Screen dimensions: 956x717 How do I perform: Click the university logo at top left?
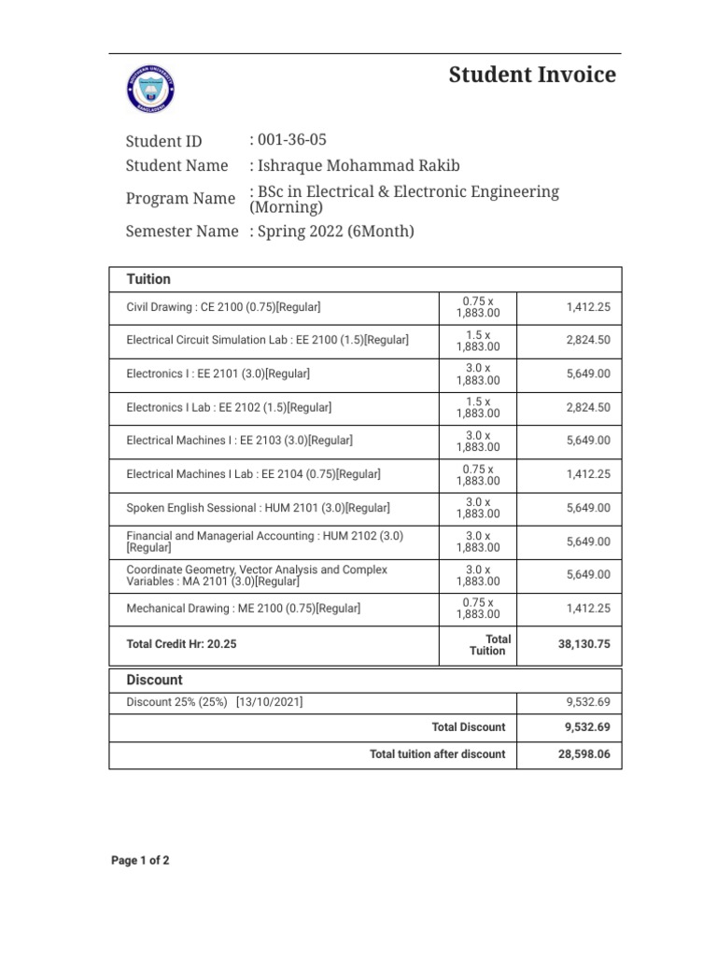point(149,90)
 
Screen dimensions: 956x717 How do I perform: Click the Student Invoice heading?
point(532,76)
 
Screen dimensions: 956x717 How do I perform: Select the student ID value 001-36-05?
point(290,141)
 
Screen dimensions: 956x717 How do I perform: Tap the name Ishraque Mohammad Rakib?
point(358,166)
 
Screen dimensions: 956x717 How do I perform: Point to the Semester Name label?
point(181,232)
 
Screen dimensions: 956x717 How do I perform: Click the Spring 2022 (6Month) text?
point(334,232)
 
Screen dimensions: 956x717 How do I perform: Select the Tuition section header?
point(148,279)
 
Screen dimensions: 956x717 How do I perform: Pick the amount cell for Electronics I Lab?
point(587,407)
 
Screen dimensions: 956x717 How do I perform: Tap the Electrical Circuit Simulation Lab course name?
point(267,341)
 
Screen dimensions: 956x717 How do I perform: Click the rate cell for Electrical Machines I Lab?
point(478,474)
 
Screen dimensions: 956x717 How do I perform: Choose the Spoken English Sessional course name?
point(258,508)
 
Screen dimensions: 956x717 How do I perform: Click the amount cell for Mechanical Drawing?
point(587,609)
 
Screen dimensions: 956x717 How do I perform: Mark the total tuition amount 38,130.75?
point(583,644)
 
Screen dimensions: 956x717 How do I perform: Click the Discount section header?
point(154,680)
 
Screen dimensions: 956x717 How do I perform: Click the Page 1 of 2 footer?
point(140,861)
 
